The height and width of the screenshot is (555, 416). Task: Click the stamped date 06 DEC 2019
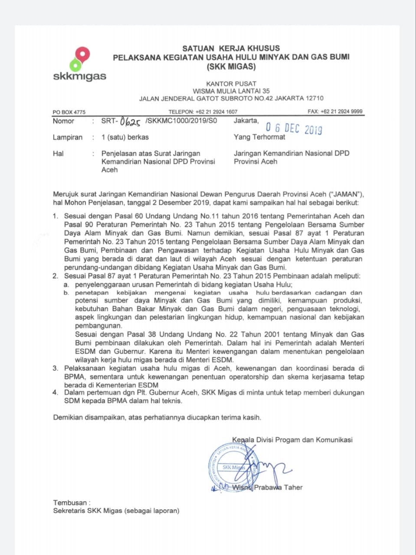tap(294, 128)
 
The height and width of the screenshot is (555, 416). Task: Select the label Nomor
tap(63, 121)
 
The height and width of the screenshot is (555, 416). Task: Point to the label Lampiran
tap(68, 137)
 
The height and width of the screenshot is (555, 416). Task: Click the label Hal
tap(58, 153)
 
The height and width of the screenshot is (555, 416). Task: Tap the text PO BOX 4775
tap(69, 112)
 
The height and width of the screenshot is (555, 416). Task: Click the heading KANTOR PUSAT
tap(231, 83)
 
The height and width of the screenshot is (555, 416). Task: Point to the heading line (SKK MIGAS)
tap(231, 67)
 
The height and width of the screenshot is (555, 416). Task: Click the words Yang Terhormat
tap(259, 137)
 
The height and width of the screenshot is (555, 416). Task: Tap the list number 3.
tap(56, 368)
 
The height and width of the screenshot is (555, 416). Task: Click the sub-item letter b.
tap(66, 293)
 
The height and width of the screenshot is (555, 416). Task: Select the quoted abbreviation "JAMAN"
tap(345, 194)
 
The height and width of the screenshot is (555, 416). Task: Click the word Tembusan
tap(70, 503)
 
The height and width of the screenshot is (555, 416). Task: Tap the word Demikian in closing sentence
tap(68, 418)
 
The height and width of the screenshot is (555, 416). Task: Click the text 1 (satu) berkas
tap(125, 137)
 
